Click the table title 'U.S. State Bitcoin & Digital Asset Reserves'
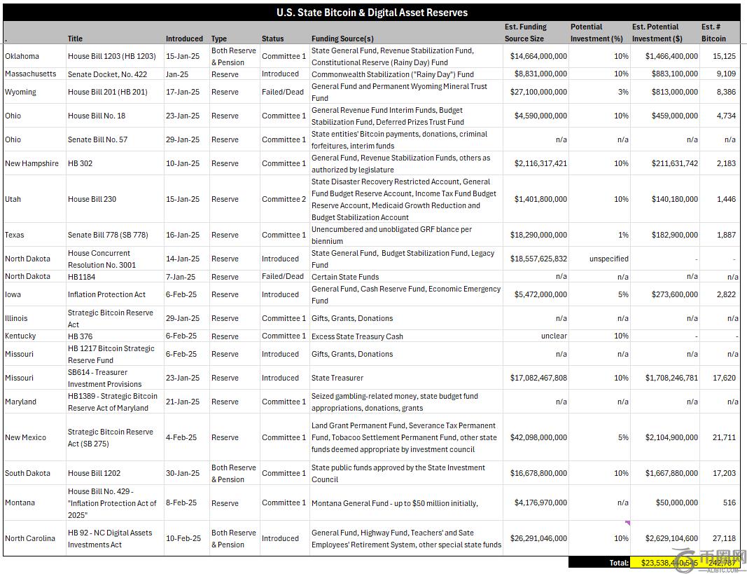[x=372, y=13]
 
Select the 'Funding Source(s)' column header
[x=342, y=39]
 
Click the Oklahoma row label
[x=22, y=56]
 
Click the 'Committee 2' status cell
[x=284, y=199]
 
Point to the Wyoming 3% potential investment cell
[x=621, y=92]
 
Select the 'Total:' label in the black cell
[x=618, y=563]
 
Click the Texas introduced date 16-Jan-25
[x=183, y=235]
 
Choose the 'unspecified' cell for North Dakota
[x=609, y=259]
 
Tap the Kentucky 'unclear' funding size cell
[x=554, y=336]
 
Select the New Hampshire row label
[x=32, y=163]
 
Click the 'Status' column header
[x=273, y=39]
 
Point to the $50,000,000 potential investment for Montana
[x=671, y=503]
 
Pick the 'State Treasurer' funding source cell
[x=337, y=378]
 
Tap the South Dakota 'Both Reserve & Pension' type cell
[x=234, y=473]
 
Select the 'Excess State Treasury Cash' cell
[x=357, y=336]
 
